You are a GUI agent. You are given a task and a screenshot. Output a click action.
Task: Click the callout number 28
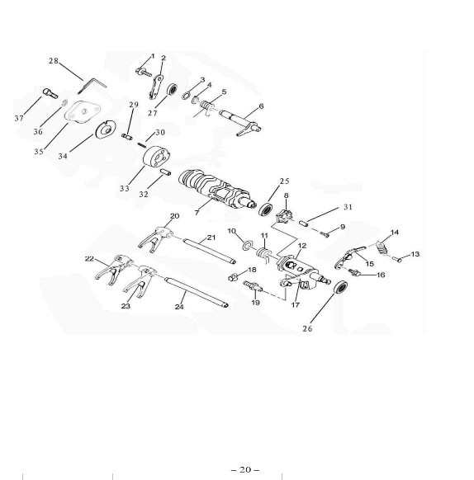(x=54, y=61)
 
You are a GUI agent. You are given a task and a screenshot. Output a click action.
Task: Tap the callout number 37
(x=19, y=118)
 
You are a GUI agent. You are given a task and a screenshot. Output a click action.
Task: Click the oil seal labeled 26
(x=340, y=287)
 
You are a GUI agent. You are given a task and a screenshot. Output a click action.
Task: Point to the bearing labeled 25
(x=266, y=209)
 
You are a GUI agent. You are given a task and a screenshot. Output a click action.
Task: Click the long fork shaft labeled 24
(x=197, y=292)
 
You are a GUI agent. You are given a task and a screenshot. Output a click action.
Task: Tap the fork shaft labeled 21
(x=210, y=251)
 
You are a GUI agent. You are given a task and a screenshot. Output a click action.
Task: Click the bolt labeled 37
(x=50, y=93)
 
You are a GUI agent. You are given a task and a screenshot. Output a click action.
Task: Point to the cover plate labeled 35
(x=82, y=111)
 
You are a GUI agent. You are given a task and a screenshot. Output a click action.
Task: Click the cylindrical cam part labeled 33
(x=156, y=157)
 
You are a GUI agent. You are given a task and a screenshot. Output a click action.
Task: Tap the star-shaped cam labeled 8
(x=283, y=216)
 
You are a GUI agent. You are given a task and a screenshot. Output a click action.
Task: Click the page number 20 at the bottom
(x=245, y=469)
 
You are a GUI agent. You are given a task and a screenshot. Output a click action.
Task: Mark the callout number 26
(x=307, y=329)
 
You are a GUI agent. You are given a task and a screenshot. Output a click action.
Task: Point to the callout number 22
(x=89, y=259)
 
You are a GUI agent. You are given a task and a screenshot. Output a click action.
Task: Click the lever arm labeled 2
(x=156, y=87)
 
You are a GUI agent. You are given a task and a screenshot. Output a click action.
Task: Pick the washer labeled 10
(x=247, y=245)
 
